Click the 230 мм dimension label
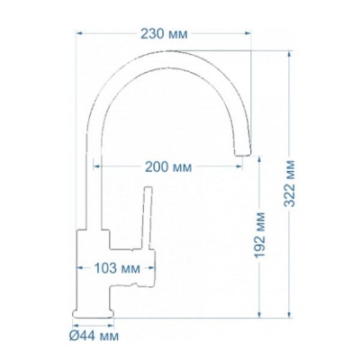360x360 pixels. tap(164, 34)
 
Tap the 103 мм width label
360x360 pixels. tap(116, 267)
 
